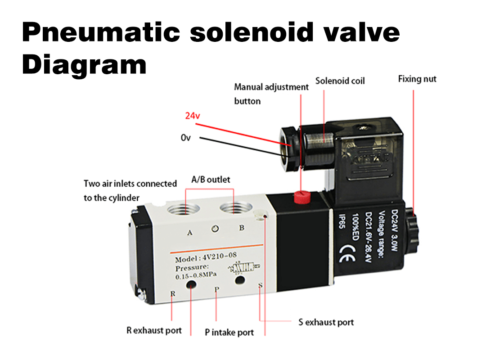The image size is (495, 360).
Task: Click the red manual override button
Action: pos(300,197)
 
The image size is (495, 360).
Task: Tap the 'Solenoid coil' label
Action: pos(340,81)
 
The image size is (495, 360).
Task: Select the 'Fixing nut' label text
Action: pos(417,79)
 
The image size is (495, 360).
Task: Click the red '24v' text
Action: pos(192,116)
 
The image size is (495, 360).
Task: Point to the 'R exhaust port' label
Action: pos(154,331)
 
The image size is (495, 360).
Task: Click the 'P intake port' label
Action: pos(229,333)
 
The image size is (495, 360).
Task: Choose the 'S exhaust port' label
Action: pos(326,322)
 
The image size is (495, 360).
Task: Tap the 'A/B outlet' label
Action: pos(211,180)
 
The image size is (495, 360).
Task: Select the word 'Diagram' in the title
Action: pos(84,65)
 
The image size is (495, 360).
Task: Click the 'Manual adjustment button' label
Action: pos(271,94)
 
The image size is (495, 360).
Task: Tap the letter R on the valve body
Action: pos(173,293)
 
